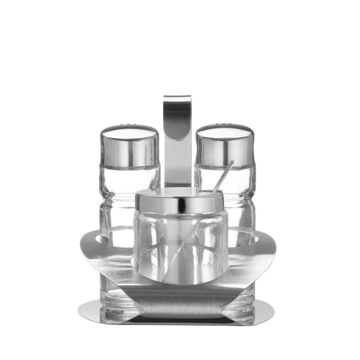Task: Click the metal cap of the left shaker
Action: (x=129, y=147)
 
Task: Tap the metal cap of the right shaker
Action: (x=224, y=147)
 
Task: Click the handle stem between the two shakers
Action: (x=177, y=162)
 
